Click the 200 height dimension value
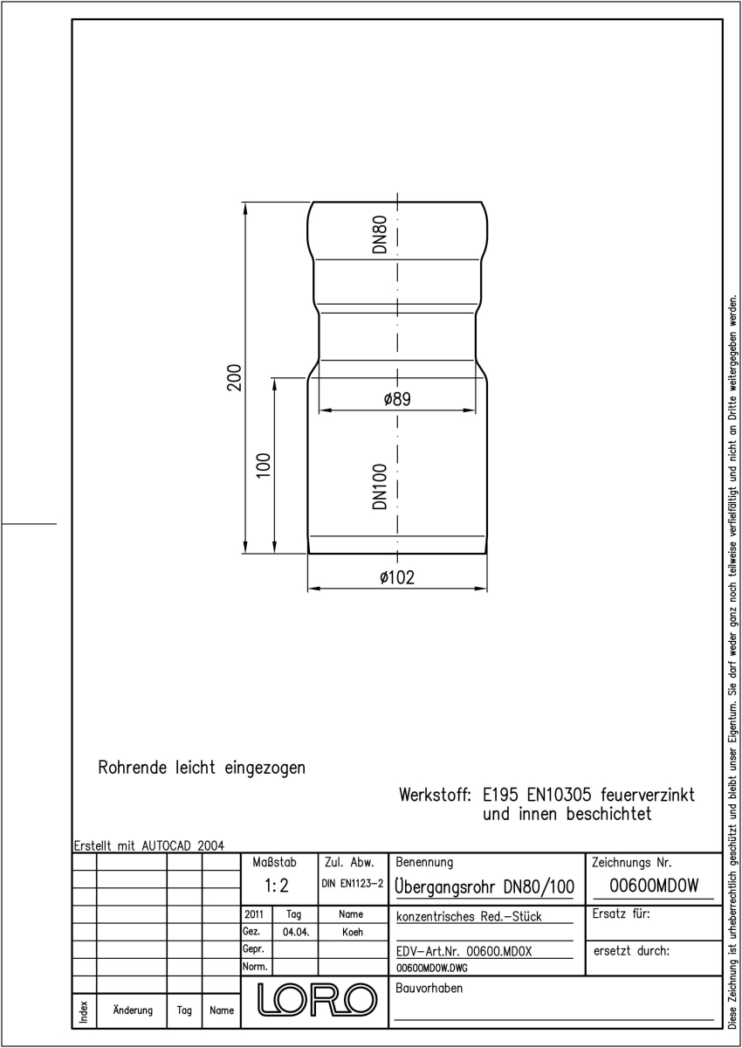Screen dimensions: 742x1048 click(234, 377)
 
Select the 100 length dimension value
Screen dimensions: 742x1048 click(264, 465)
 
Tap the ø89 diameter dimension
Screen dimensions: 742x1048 click(397, 399)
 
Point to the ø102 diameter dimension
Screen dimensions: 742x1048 click(397, 577)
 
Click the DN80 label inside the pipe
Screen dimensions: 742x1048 click(380, 234)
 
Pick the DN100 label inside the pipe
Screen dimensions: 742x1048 click(380, 486)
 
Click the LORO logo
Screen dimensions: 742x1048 click(318, 1000)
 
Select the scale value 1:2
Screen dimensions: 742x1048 click(277, 886)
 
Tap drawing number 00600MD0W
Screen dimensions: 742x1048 click(654, 886)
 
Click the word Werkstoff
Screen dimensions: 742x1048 click(436, 795)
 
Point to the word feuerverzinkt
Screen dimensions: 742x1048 click(648, 795)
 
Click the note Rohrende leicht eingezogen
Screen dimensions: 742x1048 click(202, 768)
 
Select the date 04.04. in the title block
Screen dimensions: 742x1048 click(296, 932)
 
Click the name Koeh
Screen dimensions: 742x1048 click(353, 932)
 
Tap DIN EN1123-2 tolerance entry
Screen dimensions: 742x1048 click(353, 883)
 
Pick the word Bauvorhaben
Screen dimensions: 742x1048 click(429, 988)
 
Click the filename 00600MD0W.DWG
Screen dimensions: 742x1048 click(431, 968)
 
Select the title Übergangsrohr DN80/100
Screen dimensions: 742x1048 click(484, 886)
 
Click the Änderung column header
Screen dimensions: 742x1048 click(133, 1010)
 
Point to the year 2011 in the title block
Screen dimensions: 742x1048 click(254, 914)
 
